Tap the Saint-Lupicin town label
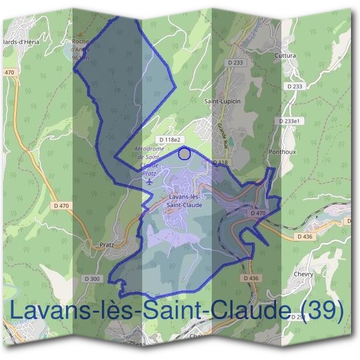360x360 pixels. pos(222,101)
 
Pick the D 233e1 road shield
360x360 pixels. pos(292,121)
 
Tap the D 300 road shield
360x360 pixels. pos(93,278)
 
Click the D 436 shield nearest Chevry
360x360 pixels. pos(305,237)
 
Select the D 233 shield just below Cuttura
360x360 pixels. pos(295,86)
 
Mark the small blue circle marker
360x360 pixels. pos(185,154)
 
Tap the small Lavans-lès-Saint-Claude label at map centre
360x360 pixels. pos(185,200)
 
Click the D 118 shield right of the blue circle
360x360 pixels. pos(220,163)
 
